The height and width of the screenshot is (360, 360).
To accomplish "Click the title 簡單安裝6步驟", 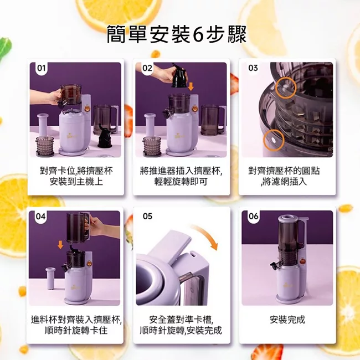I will (x=177, y=35).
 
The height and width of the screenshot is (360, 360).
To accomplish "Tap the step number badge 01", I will (x=41, y=68).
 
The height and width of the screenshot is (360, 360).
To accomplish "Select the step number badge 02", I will (x=147, y=68).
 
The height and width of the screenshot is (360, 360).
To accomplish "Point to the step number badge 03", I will (x=253, y=68).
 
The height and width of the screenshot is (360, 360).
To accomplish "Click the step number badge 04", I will (x=41, y=217).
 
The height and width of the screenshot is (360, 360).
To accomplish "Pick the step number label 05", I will (x=147, y=217).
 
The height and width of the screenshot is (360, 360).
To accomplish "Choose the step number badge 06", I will (x=253, y=217).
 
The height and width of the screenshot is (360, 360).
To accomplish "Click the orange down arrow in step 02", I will (x=191, y=86).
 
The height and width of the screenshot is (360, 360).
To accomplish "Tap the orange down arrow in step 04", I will (x=60, y=244).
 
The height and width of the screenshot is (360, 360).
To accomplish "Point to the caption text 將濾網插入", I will (x=287, y=182).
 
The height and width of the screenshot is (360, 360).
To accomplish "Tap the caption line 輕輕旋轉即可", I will (x=181, y=182).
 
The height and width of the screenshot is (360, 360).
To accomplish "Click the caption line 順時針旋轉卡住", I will (x=75, y=331).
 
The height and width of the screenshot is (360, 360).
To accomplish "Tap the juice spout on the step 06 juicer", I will (x=274, y=260).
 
